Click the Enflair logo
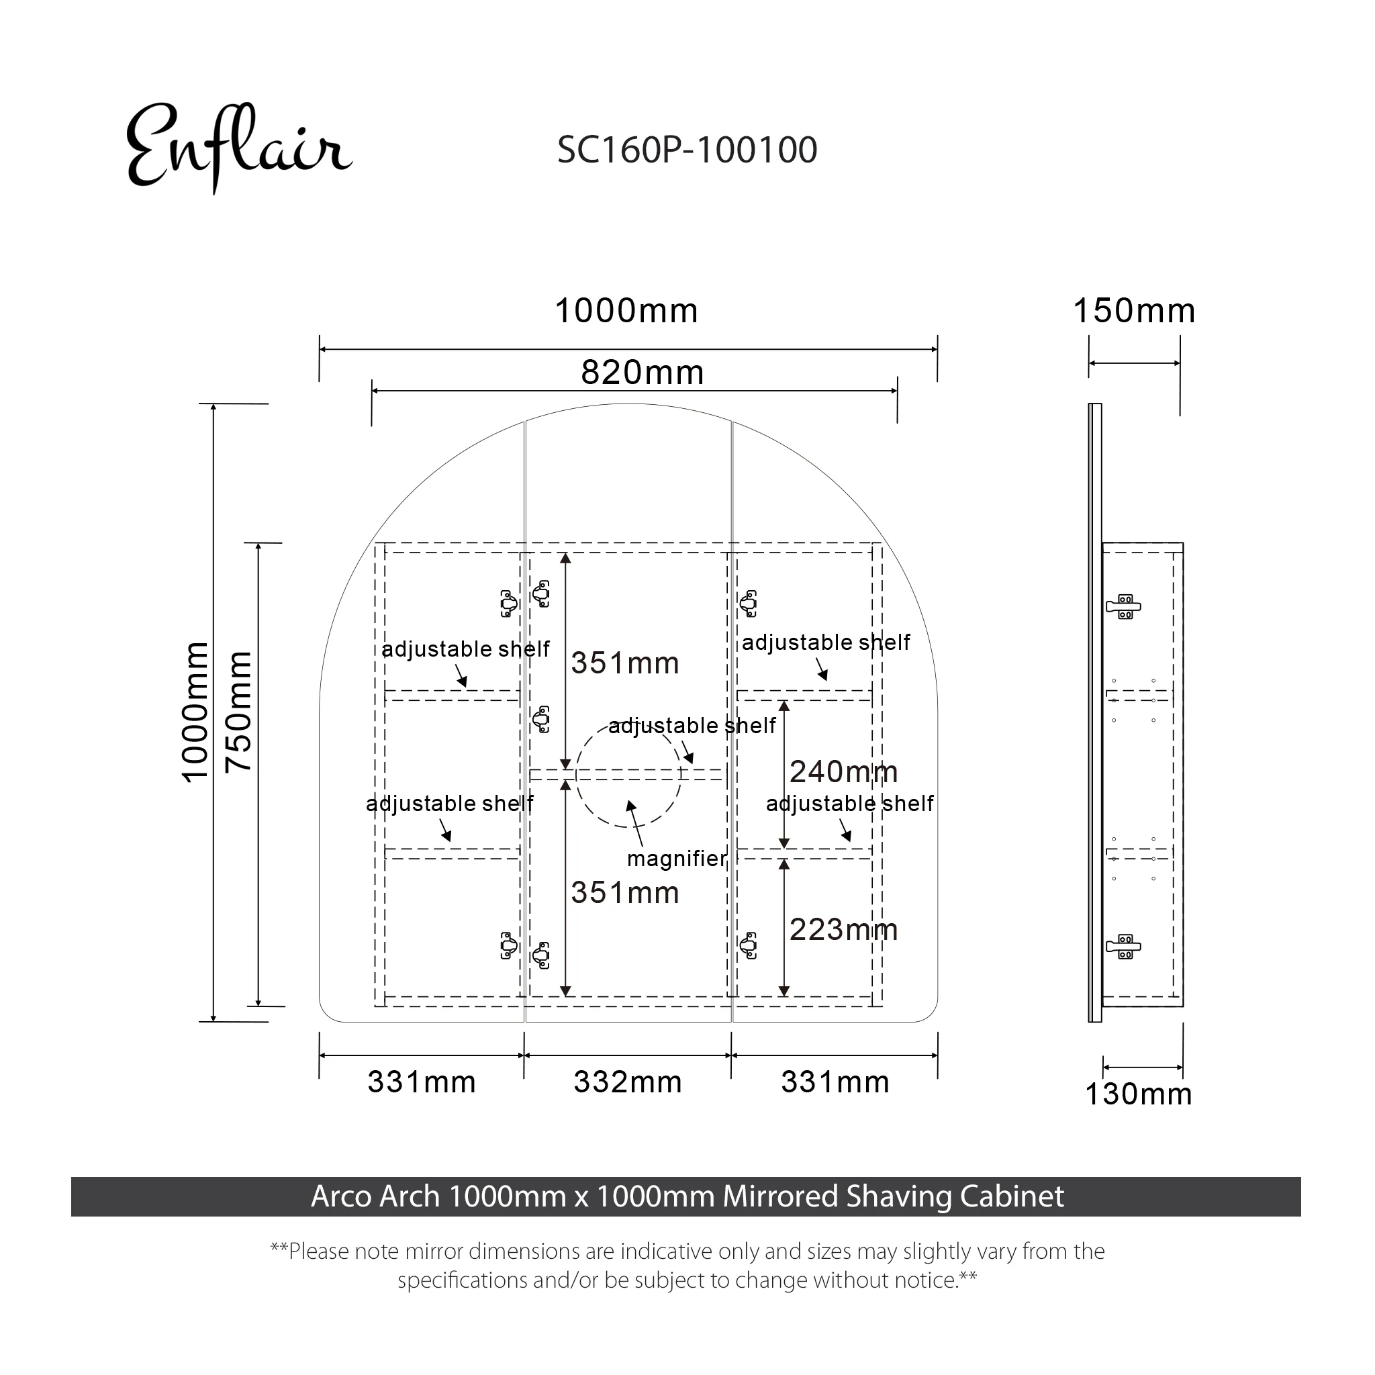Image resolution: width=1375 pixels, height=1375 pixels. [x=238, y=147]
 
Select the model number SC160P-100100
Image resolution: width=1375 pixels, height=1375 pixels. [x=687, y=150]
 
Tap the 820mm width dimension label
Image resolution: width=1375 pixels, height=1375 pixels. [x=642, y=372]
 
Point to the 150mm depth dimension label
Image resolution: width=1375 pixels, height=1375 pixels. [x=1134, y=311]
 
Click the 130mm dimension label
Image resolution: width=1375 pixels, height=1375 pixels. [x=1138, y=1094]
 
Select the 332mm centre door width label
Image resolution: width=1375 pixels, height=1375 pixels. [x=628, y=1082]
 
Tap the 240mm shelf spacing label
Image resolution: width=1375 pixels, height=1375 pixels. [x=843, y=771]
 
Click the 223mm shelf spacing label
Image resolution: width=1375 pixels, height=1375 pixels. [x=843, y=929]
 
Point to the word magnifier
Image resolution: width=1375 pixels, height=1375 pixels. [x=676, y=858]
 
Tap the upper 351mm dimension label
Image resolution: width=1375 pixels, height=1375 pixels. [x=625, y=663]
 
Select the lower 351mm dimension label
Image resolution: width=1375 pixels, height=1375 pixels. [x=625, y=892]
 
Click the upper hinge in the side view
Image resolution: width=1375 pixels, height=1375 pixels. [x=1124, y=606]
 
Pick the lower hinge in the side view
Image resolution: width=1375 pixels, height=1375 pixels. [x=1124, y=947]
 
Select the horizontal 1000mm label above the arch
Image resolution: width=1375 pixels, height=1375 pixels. [x=626, y=311]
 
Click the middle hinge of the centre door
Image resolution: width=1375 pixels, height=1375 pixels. [x=542, y=719]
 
